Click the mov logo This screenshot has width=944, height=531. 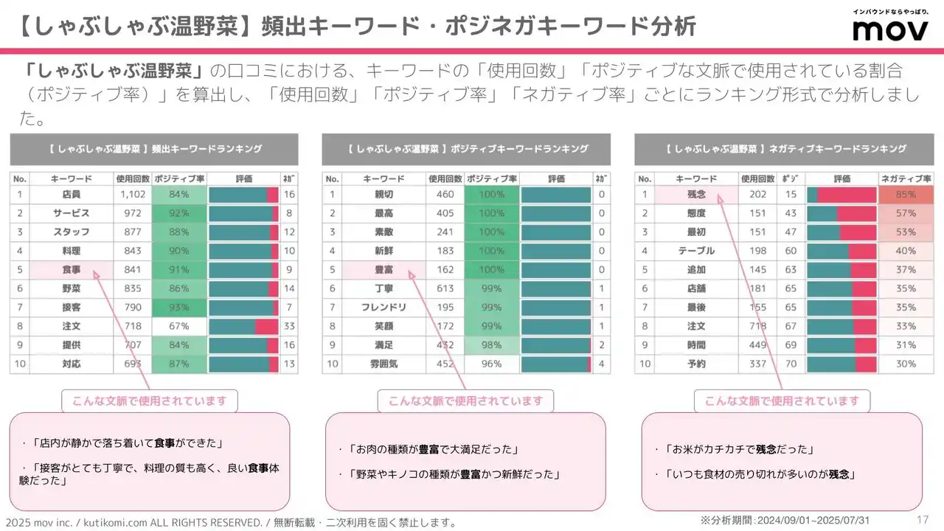(x=889, y=29)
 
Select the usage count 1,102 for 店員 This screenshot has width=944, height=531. (x=133, y=194)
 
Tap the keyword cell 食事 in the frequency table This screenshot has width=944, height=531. (x=72, y=269)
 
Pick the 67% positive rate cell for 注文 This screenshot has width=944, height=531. (x=179, y=326)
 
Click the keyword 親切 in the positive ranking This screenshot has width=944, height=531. (x=383, y=194)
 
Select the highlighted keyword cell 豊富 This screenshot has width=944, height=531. (x=383, y=269)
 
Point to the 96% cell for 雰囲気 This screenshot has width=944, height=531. (x=491, y=364)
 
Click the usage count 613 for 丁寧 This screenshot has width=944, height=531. (x=445, y=288)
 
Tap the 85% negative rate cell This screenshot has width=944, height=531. (x=906, y=194)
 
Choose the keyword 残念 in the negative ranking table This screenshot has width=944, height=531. (x=696, y=194)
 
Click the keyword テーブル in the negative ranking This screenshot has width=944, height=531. (x=696, y=251)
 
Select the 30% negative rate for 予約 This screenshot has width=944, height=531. (x=906, y=364)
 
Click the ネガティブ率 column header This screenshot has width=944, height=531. (x=906, y=178)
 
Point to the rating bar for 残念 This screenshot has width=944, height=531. (x=841, y=194)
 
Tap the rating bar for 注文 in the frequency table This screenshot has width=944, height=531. (x=243, y=326)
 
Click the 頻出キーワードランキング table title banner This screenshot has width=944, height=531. (x=154, y=149)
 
